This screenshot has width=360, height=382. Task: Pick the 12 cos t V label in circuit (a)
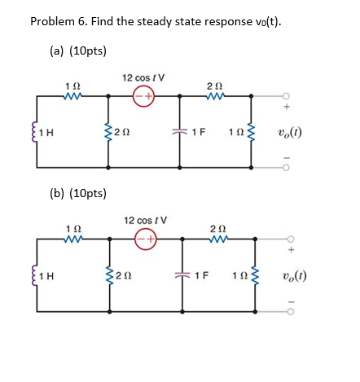143,77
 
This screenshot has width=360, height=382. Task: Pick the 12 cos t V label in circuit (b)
143,220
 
